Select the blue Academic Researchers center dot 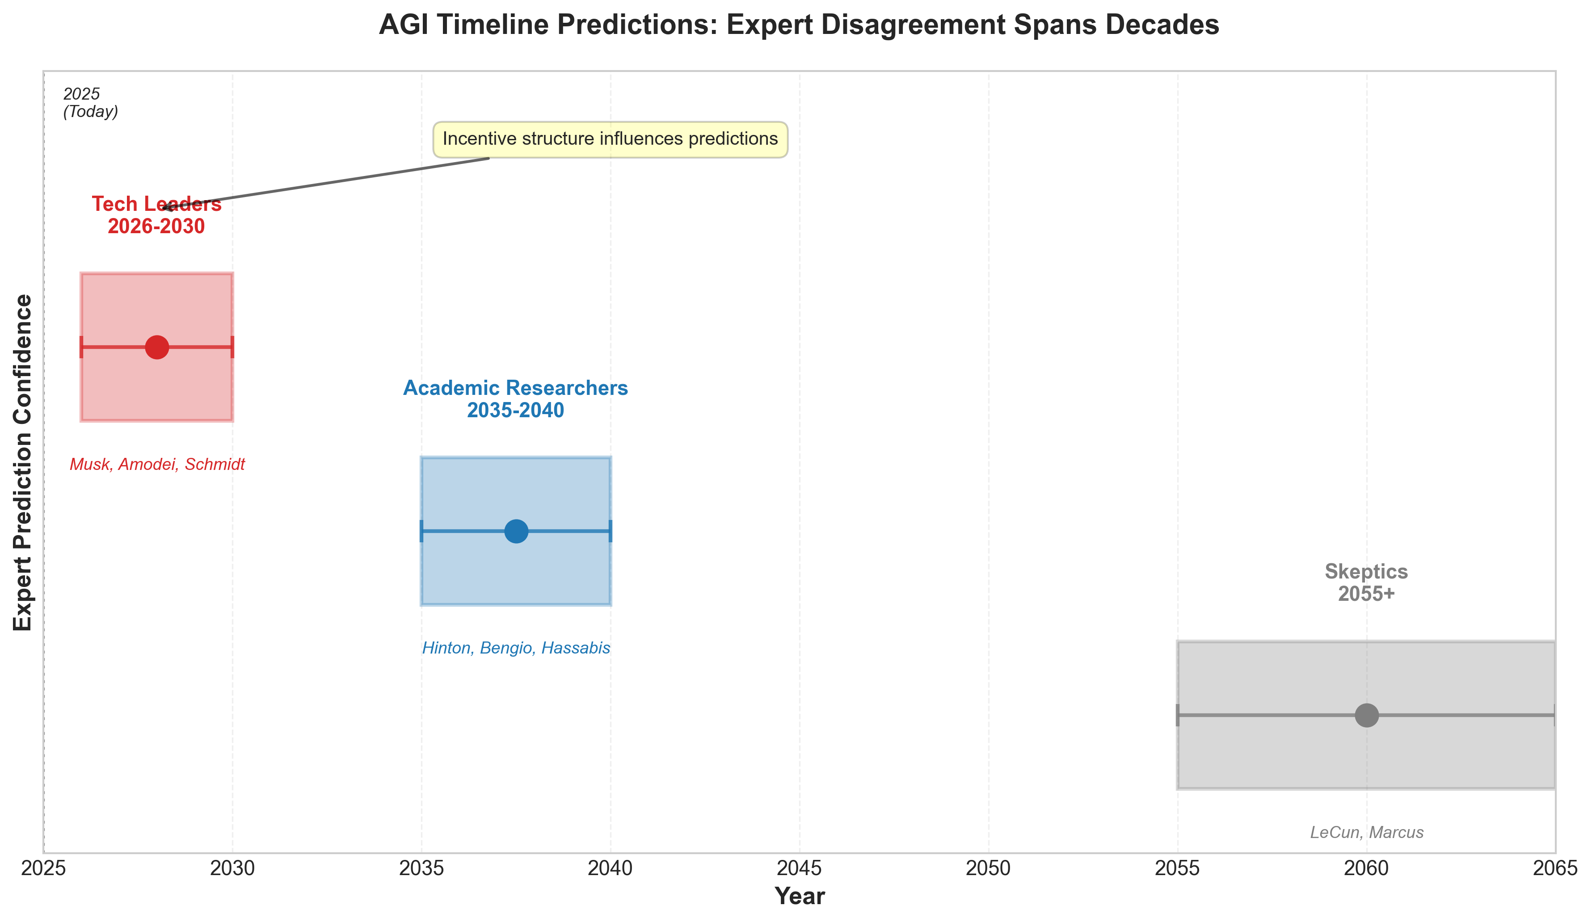516,531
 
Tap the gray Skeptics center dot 1366,716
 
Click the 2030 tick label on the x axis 232,869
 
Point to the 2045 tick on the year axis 799,869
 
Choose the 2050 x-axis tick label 988,869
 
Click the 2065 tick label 1555,869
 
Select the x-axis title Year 799,897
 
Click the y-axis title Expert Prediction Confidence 23,462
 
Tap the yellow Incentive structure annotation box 610,139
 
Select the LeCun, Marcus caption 1366,832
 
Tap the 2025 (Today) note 90,103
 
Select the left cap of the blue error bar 421,531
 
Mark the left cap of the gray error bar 1178,716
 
